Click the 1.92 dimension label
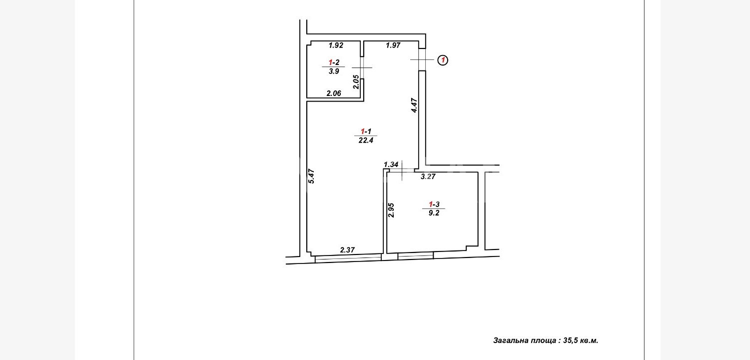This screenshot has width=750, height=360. pos(336,45)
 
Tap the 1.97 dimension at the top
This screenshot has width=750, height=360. pos(393,45)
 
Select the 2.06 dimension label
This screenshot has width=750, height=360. pos(334,93)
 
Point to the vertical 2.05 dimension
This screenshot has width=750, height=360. pos(356,82)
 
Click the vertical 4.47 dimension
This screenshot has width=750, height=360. pos(415,105)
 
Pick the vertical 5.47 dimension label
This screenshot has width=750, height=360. pos(311,176)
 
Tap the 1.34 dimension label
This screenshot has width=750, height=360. pos(391,164)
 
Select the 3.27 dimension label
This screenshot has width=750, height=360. pos(428,176)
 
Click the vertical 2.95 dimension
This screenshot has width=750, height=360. pos(391,210)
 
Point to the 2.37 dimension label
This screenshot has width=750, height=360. pos(347,250)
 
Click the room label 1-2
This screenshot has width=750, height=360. pos(334,62)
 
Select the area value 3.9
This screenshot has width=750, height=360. pos(334,71)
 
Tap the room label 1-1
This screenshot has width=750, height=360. pos(366,131)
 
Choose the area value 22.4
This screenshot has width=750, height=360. pos(366,140)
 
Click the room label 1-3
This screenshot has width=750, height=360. pos(434,204)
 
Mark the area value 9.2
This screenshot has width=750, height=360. pos(434,213)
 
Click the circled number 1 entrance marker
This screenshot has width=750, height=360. pos(443,60)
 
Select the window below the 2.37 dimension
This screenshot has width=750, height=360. pos(348,258)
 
